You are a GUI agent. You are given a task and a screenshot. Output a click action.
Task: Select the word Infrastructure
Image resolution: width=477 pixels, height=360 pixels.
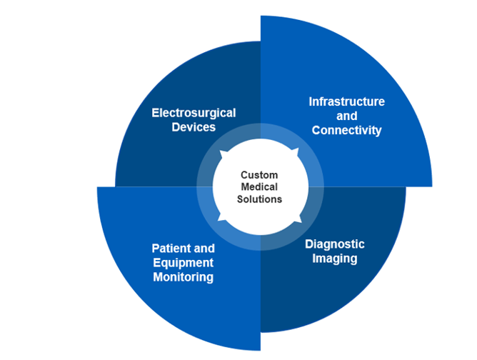346,101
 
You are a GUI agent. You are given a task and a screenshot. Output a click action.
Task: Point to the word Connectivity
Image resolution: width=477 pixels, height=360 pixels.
346,130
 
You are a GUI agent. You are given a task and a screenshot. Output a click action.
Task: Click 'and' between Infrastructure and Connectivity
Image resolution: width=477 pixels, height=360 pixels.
346,116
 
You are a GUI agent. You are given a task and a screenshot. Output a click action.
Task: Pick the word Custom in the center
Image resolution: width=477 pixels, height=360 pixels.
259,175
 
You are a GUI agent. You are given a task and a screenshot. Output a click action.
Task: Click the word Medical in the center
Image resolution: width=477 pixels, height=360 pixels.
259,187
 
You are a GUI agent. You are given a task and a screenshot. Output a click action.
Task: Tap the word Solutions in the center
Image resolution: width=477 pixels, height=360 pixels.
259,199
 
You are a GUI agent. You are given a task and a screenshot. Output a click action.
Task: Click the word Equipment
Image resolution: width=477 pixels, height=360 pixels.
183,263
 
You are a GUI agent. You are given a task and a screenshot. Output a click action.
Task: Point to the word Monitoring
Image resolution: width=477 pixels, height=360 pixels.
183,277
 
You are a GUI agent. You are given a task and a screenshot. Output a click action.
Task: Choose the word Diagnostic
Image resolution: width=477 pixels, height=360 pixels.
335,244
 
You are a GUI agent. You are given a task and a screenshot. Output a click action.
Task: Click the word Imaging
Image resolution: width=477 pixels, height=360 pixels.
335,259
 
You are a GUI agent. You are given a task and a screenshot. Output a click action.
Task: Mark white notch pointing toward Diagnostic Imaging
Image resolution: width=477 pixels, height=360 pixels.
294,221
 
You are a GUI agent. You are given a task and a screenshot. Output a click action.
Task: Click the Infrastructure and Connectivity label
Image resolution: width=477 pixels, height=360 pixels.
346,116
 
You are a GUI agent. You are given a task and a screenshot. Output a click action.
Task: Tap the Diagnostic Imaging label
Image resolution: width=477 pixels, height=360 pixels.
335,251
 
